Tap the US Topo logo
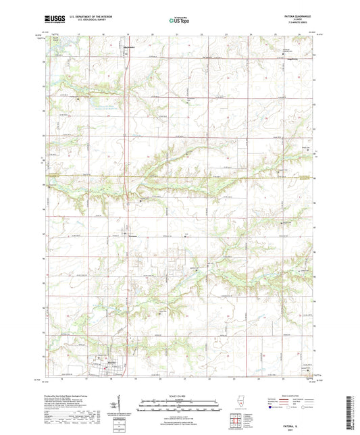[x=178, y=20]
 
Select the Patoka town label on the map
[x=108, y=363]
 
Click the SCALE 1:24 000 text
[x=179, y=395]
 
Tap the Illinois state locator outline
[x=241, y=407]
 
